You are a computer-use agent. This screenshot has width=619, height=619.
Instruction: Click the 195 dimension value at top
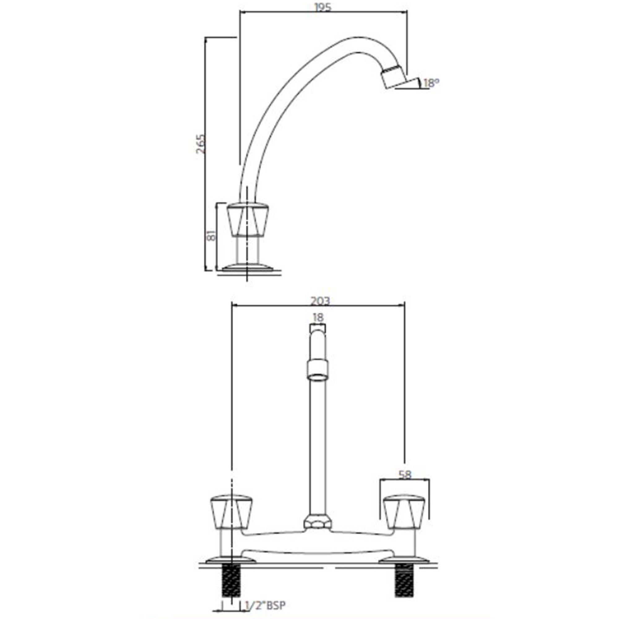322,7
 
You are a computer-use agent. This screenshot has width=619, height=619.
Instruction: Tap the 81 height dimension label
210,236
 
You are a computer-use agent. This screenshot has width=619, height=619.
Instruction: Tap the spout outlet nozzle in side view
392,77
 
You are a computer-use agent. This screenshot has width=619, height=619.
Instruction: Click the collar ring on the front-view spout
318,370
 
